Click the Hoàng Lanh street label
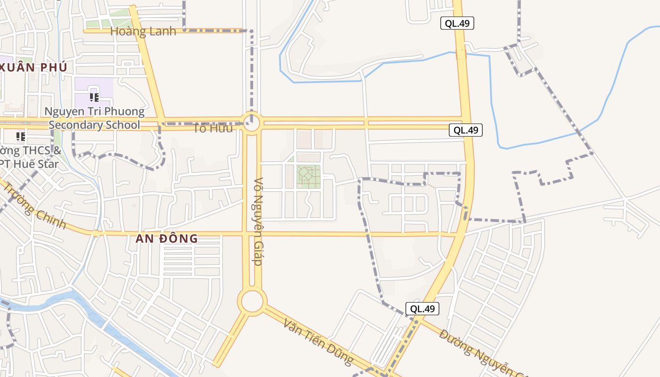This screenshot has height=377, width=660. point(143,32)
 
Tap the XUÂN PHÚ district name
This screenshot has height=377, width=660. point(33,67)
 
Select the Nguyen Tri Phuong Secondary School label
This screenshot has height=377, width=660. point(94,118)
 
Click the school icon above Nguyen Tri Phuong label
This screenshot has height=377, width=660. point(94,98)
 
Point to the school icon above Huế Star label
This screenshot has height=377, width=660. point(20,137)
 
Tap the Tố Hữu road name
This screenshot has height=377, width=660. point(213,128)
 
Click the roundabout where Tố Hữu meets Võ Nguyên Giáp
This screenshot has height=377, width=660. point(252,123)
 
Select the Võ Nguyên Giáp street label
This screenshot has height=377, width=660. point(258,221)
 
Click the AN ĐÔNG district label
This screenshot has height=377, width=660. point(166,238)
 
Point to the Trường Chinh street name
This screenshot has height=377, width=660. point(35,205)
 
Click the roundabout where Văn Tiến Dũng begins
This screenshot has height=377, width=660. point(252,301)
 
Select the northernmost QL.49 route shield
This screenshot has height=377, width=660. point(457,23)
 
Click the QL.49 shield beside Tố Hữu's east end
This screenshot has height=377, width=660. point(465,131)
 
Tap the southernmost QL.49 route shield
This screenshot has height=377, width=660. point(422,309)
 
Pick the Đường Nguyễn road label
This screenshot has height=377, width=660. point(481,352)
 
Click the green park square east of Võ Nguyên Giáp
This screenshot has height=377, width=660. point(308,177)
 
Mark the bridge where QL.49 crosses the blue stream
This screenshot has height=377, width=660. point(461,55)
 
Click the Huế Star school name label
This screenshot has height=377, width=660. point(31,157)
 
